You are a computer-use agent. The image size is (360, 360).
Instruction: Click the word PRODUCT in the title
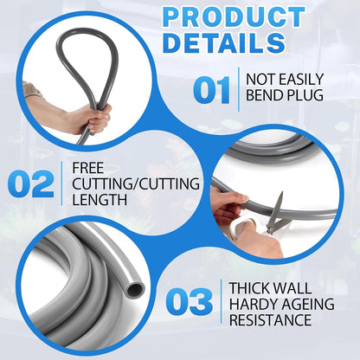(x=233, y=17)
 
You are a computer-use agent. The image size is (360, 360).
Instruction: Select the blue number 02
(x=32, y=183)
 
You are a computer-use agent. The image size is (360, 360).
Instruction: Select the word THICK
(x=252, y=287)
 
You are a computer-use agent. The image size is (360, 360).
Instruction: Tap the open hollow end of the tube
(x=132, y=288)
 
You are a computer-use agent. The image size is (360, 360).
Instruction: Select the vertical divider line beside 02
(x=62, y=183)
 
